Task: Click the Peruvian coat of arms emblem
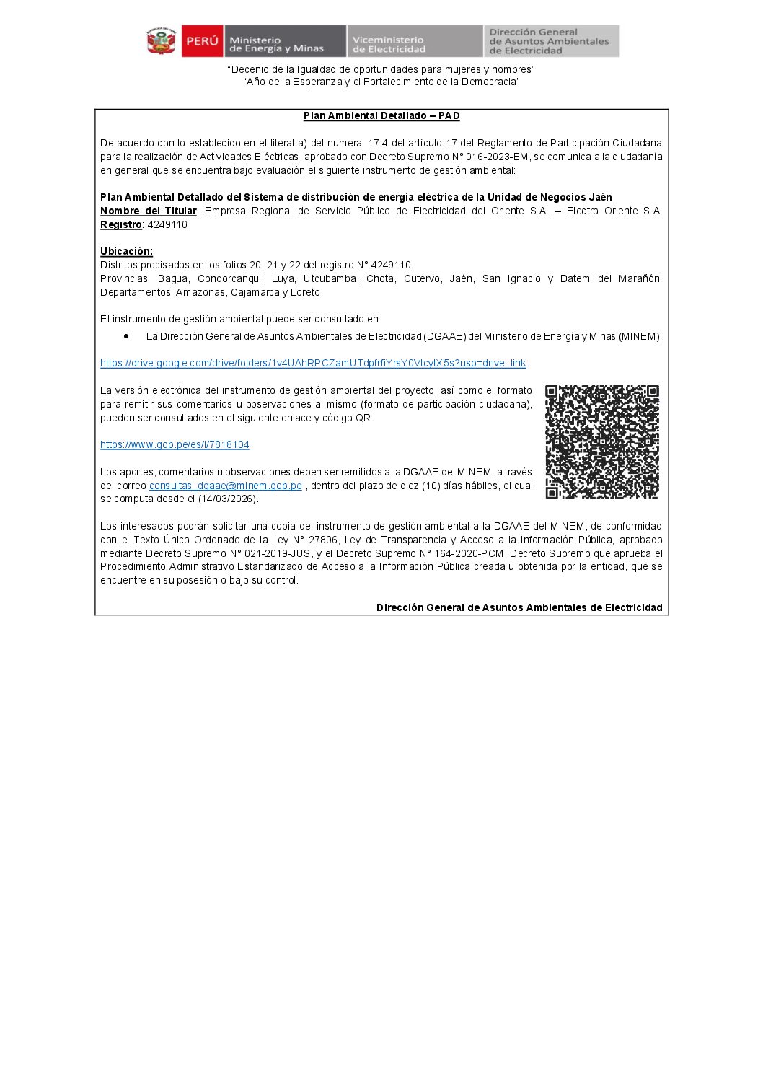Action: pyautogui.click(x=162, y=41)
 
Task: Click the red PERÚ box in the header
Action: pyautogui.click(x=202, y=41)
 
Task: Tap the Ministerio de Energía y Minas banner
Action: pyautogui.click(x=284, y=42)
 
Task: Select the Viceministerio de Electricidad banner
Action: pyautogui.click(x=414, y=42)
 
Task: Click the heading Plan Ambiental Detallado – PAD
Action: pyautogui.click(x=381, y=116)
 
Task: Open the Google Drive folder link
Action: pyautogui.click(x=313, y=364)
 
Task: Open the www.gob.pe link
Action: pyautogui.click(x=175, y=445)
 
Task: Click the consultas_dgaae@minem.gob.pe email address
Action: pyautogui.click(x=225, y=486)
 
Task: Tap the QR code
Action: pyautogui.click(x=602, y=442)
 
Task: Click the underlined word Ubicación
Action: pyautogui.click(x=126, y=252)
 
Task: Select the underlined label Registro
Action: pyautogui.click(x=120, y=225)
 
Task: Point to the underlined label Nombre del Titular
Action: pyautogui.click(x=148, y=211)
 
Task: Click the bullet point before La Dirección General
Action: pyautogui.click(x=126, y=336)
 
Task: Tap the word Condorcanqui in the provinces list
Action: pyautogui.click(x=225, y=279)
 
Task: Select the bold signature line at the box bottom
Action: pyautogui.click(x=519, y=608)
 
